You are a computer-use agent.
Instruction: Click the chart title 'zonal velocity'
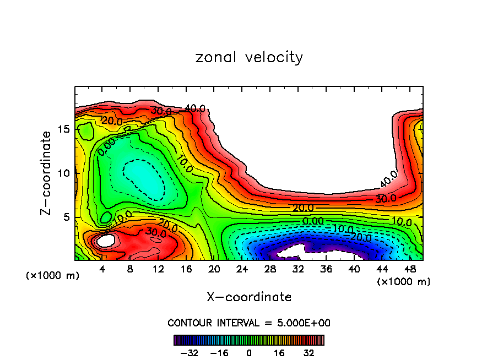point(249,57)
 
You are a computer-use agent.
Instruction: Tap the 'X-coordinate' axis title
point(249,297)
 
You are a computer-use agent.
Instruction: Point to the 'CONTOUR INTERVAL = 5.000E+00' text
point(249,323)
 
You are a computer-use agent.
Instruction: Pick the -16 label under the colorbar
point(219,352)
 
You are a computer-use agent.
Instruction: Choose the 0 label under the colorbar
point(249,352)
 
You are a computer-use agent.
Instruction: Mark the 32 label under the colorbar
point(307,352)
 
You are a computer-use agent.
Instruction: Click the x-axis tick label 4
point(102,269)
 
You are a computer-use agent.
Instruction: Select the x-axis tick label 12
point(159,269)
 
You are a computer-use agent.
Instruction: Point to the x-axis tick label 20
point(214,269)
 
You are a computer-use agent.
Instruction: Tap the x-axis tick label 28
point(270,269)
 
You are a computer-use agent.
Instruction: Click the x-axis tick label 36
point(326,269)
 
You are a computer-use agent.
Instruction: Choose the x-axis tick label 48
point(410,269)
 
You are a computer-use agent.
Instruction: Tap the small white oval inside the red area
point(105,240)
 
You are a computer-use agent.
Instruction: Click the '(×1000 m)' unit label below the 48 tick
point(404,282)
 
